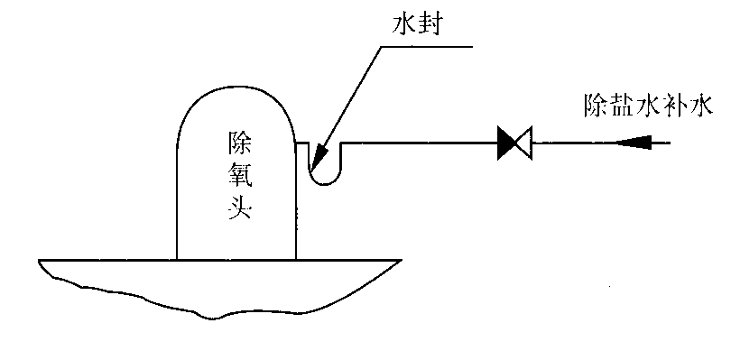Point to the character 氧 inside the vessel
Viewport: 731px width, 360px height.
239,176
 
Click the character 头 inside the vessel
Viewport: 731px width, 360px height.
239,208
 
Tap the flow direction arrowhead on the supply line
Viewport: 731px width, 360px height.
634,143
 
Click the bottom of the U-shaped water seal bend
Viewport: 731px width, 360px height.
325,184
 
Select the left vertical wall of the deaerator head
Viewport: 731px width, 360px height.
177,200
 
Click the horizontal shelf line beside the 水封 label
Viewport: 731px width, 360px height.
427,47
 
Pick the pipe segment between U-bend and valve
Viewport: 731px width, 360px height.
420,143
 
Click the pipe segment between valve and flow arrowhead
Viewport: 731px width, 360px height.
574,143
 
